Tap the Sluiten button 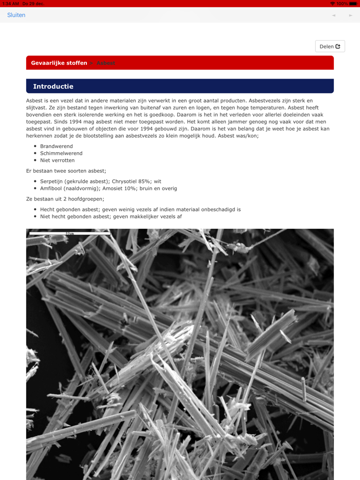[16, 15]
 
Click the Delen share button [330, 46]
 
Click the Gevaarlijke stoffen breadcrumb [59, 63]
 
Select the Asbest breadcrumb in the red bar [106, 63]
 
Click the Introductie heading [53, 86]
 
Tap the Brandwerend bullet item [57, 146]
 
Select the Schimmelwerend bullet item [61, 153]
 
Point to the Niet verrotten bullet [57, 160]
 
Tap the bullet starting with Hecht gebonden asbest [140, 210]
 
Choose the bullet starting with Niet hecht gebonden [111, 216]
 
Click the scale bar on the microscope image [69, 233]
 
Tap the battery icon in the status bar [353, 4]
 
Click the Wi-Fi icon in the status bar [333, 4]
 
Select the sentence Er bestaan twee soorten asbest [66, 171]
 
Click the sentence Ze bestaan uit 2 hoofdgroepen [65, 199]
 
